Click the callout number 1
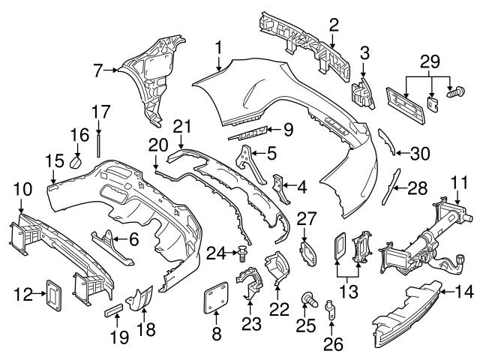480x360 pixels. coord(217,49)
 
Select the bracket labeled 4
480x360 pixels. coord(281,187)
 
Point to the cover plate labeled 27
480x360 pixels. coord(307,249)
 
